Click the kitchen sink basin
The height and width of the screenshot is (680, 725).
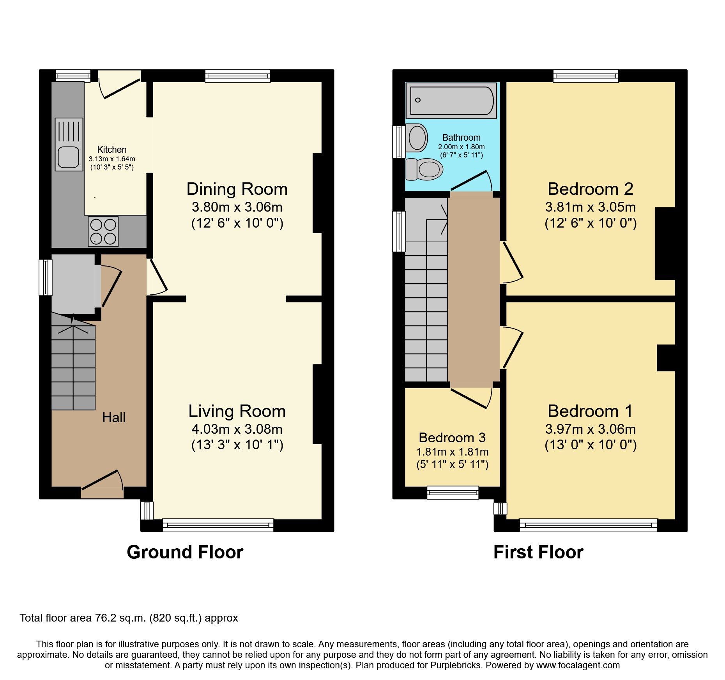click(69, 157)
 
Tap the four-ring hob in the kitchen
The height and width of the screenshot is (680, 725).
click(103, 231)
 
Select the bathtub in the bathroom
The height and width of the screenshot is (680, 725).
click(451, 100)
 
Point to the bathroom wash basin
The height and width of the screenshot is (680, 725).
click(417, 138)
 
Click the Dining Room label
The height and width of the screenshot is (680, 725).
click(237, 189)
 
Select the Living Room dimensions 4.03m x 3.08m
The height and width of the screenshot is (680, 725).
click(237, 429)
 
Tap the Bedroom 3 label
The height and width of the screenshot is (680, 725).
click(452, 438)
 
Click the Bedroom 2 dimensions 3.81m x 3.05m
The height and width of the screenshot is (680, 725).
click(590, 207)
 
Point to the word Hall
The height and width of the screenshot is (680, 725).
click(114, 418)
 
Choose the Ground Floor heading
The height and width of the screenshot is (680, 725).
click(185, 552)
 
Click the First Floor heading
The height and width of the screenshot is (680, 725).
click(538, 552)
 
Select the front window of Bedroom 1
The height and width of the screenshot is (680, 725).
click(588, 525)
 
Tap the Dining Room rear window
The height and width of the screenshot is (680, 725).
click(238, 76)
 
